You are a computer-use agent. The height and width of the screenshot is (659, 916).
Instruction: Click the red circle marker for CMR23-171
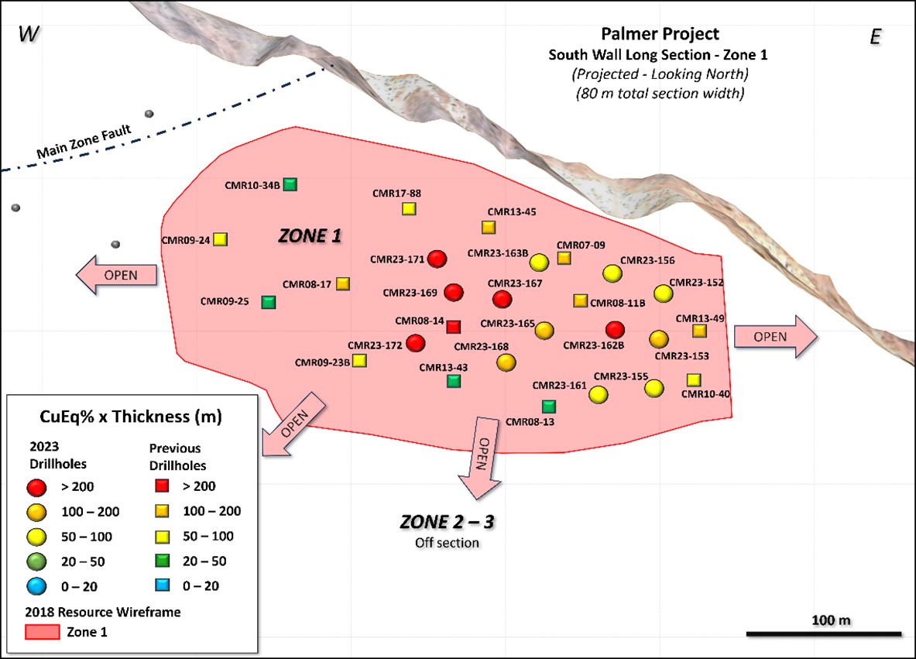(x=437, y=259)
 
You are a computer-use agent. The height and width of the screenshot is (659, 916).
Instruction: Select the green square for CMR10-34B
(x=290, y=184)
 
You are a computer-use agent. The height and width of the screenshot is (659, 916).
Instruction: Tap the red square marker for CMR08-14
(x=454, y=327)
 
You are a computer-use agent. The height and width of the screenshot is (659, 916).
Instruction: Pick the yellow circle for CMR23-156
(x=612, y=273)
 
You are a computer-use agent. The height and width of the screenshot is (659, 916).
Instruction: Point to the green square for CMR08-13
(x=548, y=406)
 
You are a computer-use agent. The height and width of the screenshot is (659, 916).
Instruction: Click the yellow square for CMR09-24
(x=220, y=239)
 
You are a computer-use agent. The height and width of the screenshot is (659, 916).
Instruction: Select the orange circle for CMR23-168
(x=506, y=362)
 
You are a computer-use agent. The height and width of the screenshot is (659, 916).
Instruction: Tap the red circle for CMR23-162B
(x=615, y=329)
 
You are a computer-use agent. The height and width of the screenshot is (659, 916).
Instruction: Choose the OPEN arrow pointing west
(x=116, y=275)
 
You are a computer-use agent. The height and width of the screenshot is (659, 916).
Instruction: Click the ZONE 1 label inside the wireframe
(x=310, y=237)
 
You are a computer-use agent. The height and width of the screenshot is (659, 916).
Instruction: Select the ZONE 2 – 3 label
(x=447, y=522)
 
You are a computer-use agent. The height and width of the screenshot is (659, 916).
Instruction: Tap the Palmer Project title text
(x=660, y=34)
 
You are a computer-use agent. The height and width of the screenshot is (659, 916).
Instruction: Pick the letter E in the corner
(x=876, y=36)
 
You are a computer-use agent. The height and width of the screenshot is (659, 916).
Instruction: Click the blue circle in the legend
(x=38, y=586)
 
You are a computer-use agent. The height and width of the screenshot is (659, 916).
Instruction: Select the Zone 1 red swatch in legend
(x=39, y=632)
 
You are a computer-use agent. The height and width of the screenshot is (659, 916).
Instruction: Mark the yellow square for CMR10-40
(x=693, y=379)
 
